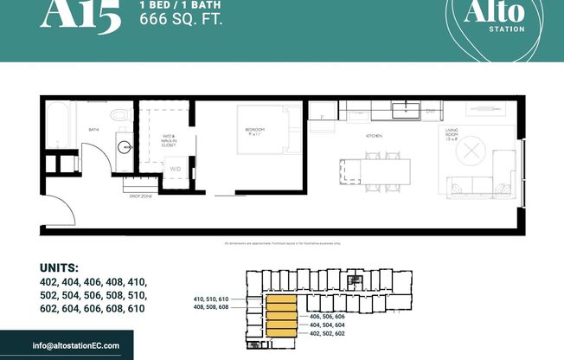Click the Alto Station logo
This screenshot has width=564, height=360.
tap(495, 22)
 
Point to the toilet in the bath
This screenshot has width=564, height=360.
tap(121, 112)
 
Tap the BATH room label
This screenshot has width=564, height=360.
tap(93, 131)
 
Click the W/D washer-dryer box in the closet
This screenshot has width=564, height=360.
tap(175, 169)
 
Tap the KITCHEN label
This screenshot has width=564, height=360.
tap(374, 137)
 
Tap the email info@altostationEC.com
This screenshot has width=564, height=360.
tap(76, 345)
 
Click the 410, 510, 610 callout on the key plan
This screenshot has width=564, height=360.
tap(211, 298)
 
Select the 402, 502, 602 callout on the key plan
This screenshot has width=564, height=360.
tap(327, 333)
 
